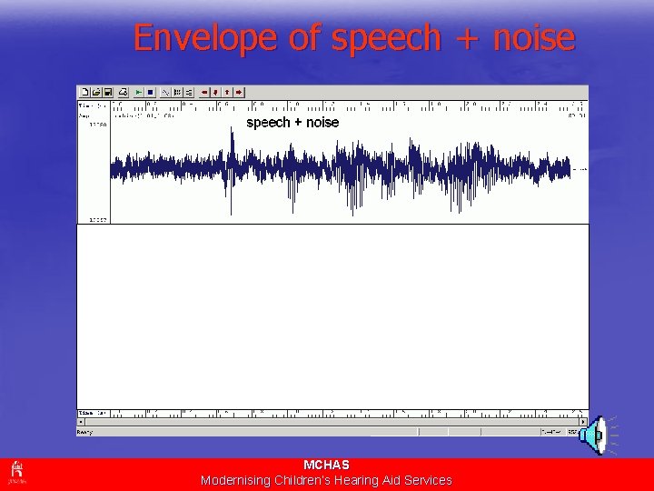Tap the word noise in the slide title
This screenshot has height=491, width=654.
[x=534, y=38]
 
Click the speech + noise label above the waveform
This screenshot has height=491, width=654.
[x=292, y=123]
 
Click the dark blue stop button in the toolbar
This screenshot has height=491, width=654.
[x=150, y=92]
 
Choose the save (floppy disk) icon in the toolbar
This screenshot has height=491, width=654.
[x=107, y=92]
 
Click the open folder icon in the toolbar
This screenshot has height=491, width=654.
[x=95, y=92]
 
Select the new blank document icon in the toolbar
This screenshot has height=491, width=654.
[x=84, y=92]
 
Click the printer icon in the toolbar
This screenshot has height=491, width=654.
[x=121, y=92]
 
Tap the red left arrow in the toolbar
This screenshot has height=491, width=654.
[x=204, y=92]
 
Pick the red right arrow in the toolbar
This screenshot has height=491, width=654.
[x=238, y=92]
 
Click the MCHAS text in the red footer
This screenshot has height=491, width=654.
[x=326, y=465]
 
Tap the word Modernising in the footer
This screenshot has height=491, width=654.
[x=235, y=480]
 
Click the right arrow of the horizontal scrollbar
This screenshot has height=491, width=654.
[x=584, y=422]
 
